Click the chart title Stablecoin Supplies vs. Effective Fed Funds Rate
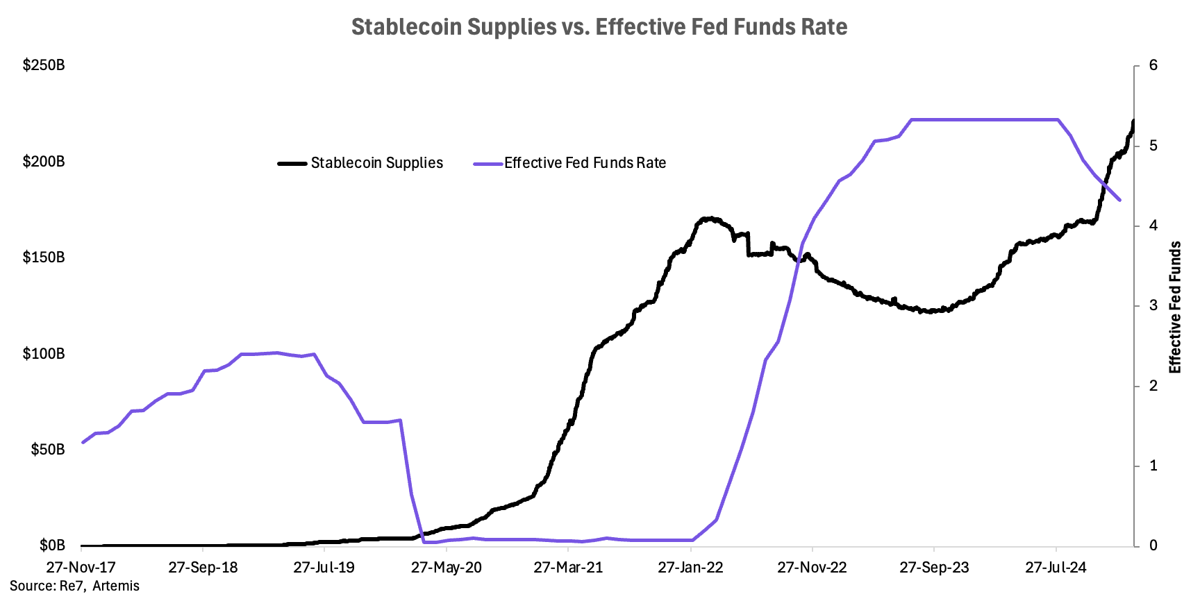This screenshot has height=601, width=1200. pos(599,27)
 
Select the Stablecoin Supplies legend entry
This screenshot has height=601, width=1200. pos(376,163)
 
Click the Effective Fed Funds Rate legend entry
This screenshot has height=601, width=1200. pos(585,163)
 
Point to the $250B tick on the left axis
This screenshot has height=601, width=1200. pos(44,65)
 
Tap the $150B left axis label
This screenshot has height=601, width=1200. pos(44,257)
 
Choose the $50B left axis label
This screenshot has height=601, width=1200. pos(48,450)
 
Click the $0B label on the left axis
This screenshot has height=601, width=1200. pos(52,545)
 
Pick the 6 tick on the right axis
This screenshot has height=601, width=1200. pos(1153,65)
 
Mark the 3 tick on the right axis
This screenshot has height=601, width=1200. pos(1153,305)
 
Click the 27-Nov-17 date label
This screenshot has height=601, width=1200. pos(81,567)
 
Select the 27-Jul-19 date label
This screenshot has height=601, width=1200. pos(324,567)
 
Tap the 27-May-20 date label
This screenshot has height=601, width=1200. pos(446,567)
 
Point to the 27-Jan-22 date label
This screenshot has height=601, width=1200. pos(690,567)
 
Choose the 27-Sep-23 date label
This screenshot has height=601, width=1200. pos(934,567)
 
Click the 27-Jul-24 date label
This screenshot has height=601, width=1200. pos(1056,567)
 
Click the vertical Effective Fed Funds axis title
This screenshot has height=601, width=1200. pos(1175,307)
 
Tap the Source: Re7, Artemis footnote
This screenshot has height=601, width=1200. pos(74,586)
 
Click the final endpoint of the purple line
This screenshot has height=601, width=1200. pos(1119,200)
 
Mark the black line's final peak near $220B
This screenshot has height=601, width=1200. pos(1133,121)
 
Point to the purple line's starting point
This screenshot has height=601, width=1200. pos(83,442)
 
